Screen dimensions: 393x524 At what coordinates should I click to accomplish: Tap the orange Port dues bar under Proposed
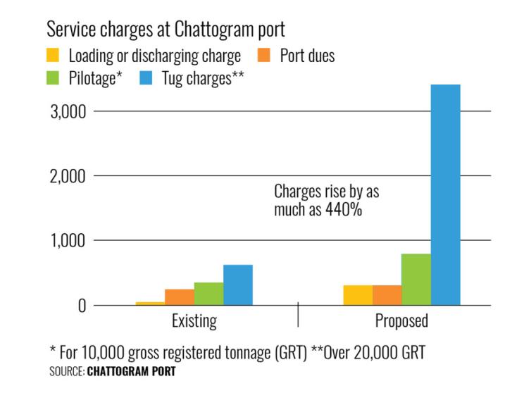387,295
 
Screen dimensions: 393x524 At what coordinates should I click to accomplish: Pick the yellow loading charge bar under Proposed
358,295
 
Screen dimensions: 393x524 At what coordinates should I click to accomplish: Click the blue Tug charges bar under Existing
238,285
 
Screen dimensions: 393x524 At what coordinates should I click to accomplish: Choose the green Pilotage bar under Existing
209,294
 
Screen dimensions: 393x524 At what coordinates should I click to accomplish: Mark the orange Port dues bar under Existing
180,297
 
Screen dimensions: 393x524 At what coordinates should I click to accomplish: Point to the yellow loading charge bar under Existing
151,304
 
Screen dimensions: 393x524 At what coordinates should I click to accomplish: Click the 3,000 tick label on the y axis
68,112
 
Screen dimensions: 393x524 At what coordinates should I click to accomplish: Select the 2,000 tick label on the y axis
68,176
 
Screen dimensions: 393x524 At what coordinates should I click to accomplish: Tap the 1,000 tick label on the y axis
68,241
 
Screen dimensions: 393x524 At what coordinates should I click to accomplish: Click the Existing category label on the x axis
194,322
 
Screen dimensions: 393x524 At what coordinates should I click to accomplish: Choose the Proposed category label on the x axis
401,322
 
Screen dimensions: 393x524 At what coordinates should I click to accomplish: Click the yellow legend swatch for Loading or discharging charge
53,56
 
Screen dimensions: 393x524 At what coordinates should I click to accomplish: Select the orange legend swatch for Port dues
263,56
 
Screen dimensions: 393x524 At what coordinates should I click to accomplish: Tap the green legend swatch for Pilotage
53,79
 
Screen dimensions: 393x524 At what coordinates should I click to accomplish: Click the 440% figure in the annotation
344,209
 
